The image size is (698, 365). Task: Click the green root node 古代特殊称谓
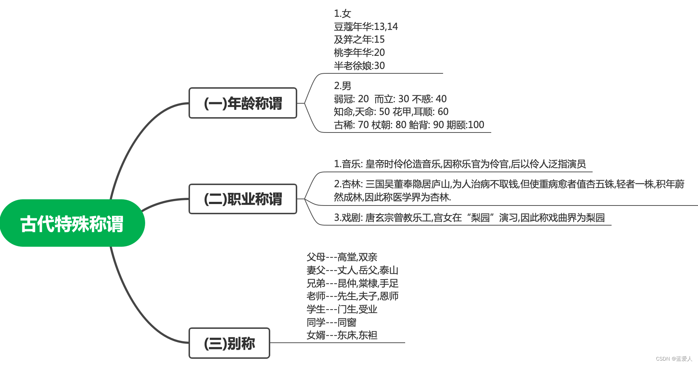click(x=72, y=223)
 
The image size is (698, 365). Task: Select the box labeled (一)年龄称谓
click(x=243, y=103)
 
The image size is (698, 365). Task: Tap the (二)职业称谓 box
click(x=243, y=199)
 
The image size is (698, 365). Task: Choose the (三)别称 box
click(x=229, y=343)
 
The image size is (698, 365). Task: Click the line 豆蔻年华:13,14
click(x=366, y=27)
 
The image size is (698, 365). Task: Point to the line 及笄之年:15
click(x=359, y=39)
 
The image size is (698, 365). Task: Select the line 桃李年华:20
click(x=359, y=53)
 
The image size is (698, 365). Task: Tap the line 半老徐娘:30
click(x=359, y=66)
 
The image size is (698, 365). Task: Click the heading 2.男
click(x=342, y=86)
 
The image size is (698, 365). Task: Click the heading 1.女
click(x=342, y=14)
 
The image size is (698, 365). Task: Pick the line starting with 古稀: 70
click(x=409, y=125)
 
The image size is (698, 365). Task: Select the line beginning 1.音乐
click(x=459, y=164)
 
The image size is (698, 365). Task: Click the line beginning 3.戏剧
click(x=469, y=218)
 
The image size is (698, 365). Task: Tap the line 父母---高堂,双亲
click(x=342, y=257)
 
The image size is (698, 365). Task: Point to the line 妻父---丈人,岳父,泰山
click(x=352, y=270)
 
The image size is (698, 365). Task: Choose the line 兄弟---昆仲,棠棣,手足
click(x=352, y=284)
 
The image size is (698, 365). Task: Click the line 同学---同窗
click(x=331, y=323)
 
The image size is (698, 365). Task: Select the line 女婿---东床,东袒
click(x=342, y=335)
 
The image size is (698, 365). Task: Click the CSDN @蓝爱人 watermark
click(x=674, y=359)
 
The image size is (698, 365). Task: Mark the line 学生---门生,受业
click(x=342, y=310)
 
